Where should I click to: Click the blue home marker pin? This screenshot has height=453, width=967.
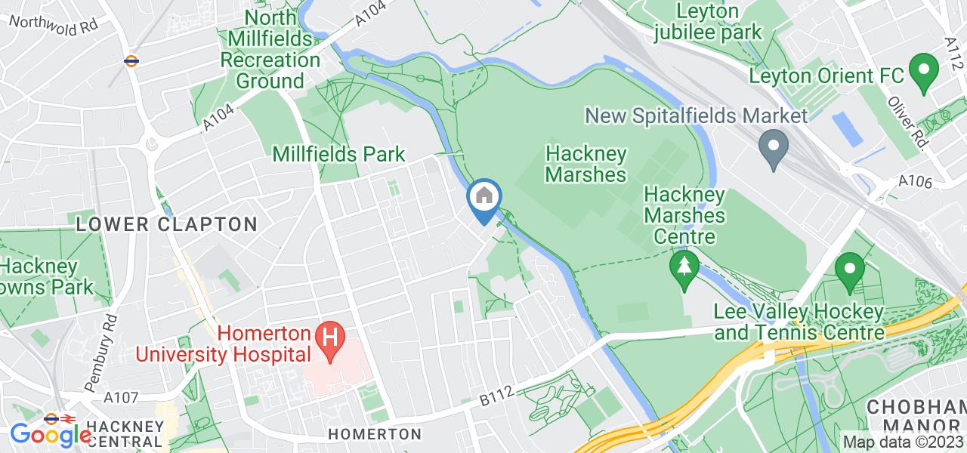[x=483, y=199]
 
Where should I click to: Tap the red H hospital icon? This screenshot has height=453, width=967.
[x=329, y=336]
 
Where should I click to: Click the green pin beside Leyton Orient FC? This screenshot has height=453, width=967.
[x=922, y=72]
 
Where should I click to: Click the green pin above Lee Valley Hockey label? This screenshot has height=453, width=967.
[x=850, y=270]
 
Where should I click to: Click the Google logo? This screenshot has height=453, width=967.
[x=51, y=434]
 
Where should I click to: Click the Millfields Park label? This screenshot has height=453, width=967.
[x=339, y=154]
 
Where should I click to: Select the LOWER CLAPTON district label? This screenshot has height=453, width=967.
[x=167, y=224]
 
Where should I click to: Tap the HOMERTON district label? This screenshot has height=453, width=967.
[x=375, y=434]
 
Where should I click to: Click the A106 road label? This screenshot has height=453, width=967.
[x=916, y=182]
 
